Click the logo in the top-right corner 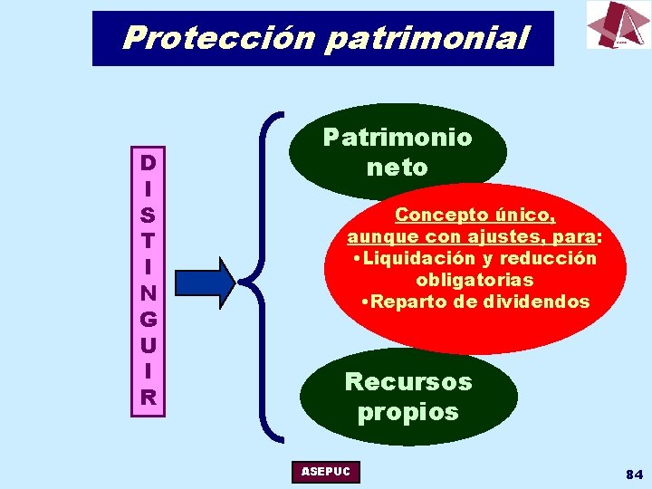[618, 24]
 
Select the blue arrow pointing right [205, 281]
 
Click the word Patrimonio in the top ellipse [398, 138]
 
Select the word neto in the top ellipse [397, 168]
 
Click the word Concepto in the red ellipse [431, 216]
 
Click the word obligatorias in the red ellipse [475, 280]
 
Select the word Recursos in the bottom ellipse [408, 381]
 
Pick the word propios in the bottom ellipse [407, 412]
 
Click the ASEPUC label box [326, 472]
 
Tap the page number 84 [633, 475]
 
